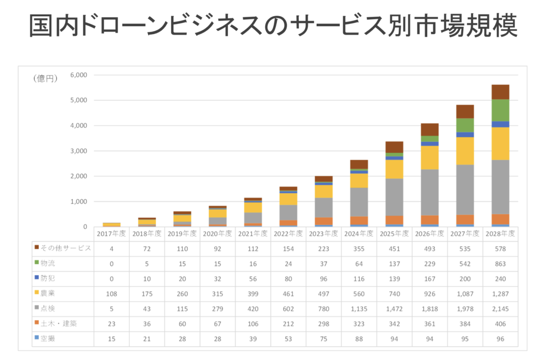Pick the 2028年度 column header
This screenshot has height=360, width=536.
point(500,233)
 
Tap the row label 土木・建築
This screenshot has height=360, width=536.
point(61,324)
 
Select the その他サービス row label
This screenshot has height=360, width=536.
point(65,248)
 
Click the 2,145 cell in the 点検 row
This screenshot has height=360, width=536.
point(500,309)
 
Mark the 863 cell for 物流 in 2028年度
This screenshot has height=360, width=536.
point(500,263)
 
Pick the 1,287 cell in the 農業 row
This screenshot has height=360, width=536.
point(500,294)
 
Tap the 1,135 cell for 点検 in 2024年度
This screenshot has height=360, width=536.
point(359,309)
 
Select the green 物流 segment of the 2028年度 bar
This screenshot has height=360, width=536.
point(500,110)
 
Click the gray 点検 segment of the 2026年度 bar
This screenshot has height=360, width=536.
point(430,192)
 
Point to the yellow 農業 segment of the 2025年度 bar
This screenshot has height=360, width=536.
point(394,169)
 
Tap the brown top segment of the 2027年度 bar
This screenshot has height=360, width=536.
point(465,111)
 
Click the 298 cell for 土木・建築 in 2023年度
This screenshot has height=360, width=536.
point(323,324)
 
